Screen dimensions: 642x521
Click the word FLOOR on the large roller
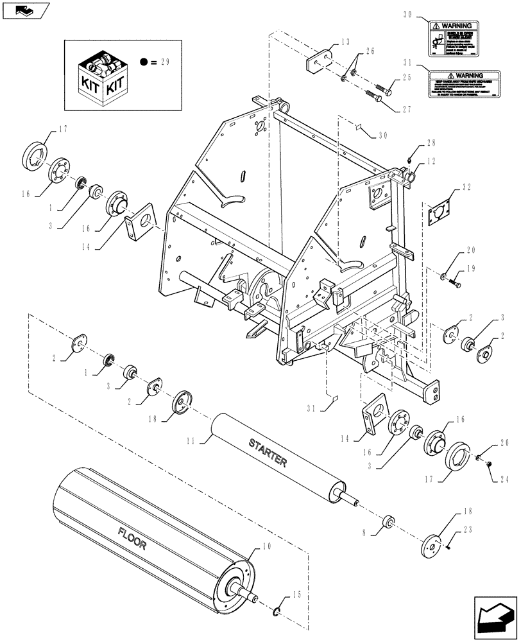(x=133, y=538)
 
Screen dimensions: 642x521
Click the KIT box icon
(x=101, y=76)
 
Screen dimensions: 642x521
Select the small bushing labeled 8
(x=388, y=519)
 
